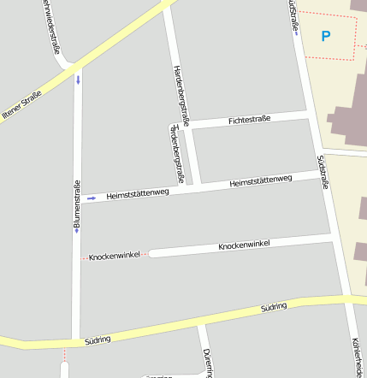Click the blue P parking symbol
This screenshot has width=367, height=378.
tap(325, 37)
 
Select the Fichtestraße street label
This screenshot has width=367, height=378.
tap(249, 120)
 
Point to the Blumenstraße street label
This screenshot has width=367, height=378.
tap(76, 205)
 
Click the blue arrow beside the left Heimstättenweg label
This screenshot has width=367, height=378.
tap(92, 198)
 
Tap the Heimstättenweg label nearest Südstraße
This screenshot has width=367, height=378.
tap(262, 180)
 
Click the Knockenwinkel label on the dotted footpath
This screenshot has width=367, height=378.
tap(115, 256)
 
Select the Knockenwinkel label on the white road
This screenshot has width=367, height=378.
tap(244, 245)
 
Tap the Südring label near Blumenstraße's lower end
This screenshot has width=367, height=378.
tap(98, 340)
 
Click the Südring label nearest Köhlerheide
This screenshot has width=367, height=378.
tap(274, 305)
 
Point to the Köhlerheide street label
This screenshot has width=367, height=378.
tap(357, 355)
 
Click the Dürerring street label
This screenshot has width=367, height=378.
tap(206, 362)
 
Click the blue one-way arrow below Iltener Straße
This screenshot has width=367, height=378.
tap(78, 80)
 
